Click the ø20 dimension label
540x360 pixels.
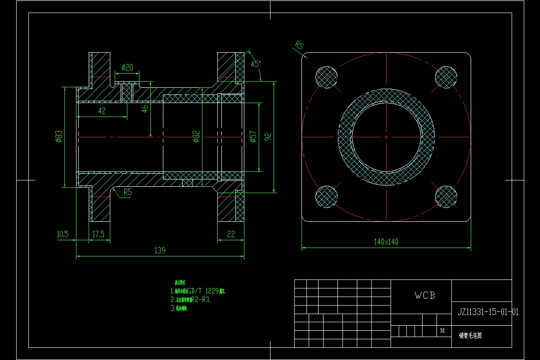(x=128, y=67)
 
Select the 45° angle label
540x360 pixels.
(x=256, y=64)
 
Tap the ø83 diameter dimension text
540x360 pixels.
(x=59, y=137)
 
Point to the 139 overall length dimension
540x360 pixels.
(x=160, y=250)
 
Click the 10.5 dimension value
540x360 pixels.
(x=62, y=234)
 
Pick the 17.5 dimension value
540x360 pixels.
(x=98, y=234)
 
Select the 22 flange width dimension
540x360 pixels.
(x=231, y=234)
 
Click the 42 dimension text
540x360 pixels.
(x=102, y=111)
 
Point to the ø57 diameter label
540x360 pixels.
(x=253, y=137)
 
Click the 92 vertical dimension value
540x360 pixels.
(x=268, y=137)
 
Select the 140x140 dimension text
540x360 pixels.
(x=386, y=242)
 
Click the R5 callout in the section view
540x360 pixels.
(x=127, y=192)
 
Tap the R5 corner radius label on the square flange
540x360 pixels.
(x=300, y=45)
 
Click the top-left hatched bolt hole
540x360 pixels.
(x=327, y=77)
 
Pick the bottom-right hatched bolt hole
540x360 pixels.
(x=446, y=196)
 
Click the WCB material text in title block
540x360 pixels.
(x=425, y=296)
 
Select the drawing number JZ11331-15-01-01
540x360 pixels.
(x=488, y=311)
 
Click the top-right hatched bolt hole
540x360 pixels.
(x=446, y=77)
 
